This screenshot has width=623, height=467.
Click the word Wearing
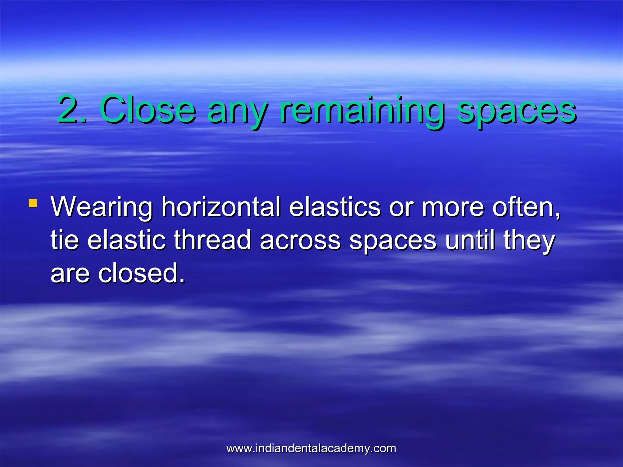tap(102, 208)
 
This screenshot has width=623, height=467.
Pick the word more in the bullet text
tap(452, 207)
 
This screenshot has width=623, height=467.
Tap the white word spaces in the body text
tap(393, 242)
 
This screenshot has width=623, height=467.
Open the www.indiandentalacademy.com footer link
tap(311, 448)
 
